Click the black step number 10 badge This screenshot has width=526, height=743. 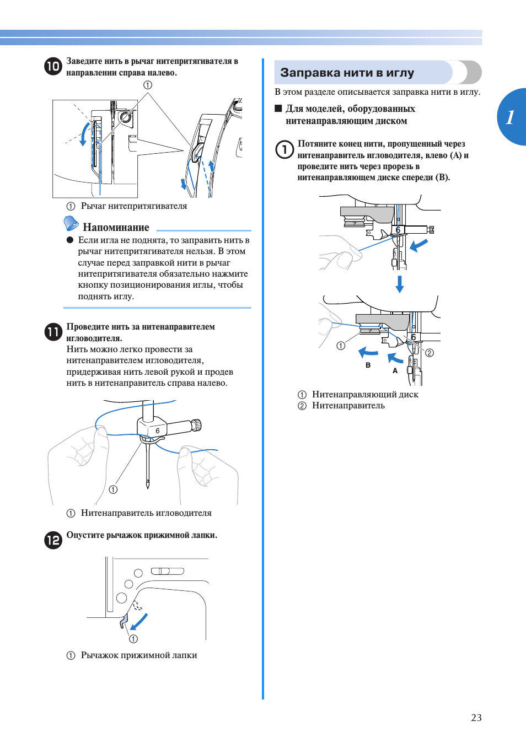pyautogui.click(x=53, y=66)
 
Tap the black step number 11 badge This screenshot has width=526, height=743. pyautogui.click(x=53, y=332)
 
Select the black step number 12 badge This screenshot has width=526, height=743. pyautogui.click(x=53, y=540)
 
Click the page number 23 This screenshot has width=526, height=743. pyautogui.click(x=476, y=717)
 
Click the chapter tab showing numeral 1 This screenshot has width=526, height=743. pyautogui.click(x=511, y=117)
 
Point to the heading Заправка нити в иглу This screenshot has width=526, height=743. pyautogui.click(x=347, y=73)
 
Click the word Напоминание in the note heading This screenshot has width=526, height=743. pyautogui.click(x=116, y=227)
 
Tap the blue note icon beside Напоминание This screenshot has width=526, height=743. pyautogui.click(x=71, y=223)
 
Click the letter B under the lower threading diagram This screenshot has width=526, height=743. pyautogui.click(x=368, y=365)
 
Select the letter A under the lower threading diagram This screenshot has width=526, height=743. pyautogui.click(x=395, y=370)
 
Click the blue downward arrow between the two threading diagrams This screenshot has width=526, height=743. pyautogui.click(x=400, y=284)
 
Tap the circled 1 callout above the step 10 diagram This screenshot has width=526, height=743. pyautogui.click(x=148, y=85)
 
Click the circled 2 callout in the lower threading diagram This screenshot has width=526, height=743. pyautogui.click(x=430, y=353)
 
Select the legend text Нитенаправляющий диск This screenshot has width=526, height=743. pyautogui.click(x=365, y=394)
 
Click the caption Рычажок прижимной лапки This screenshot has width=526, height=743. pyautogui.click(x=139, y=655)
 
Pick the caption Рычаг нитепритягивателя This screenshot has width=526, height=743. pyautogui.click(x=134, y=206)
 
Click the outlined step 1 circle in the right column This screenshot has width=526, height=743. pyautogui.click(x=285, y=149)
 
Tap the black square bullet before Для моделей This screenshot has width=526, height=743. pyautogui.click(x=278, y=109)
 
